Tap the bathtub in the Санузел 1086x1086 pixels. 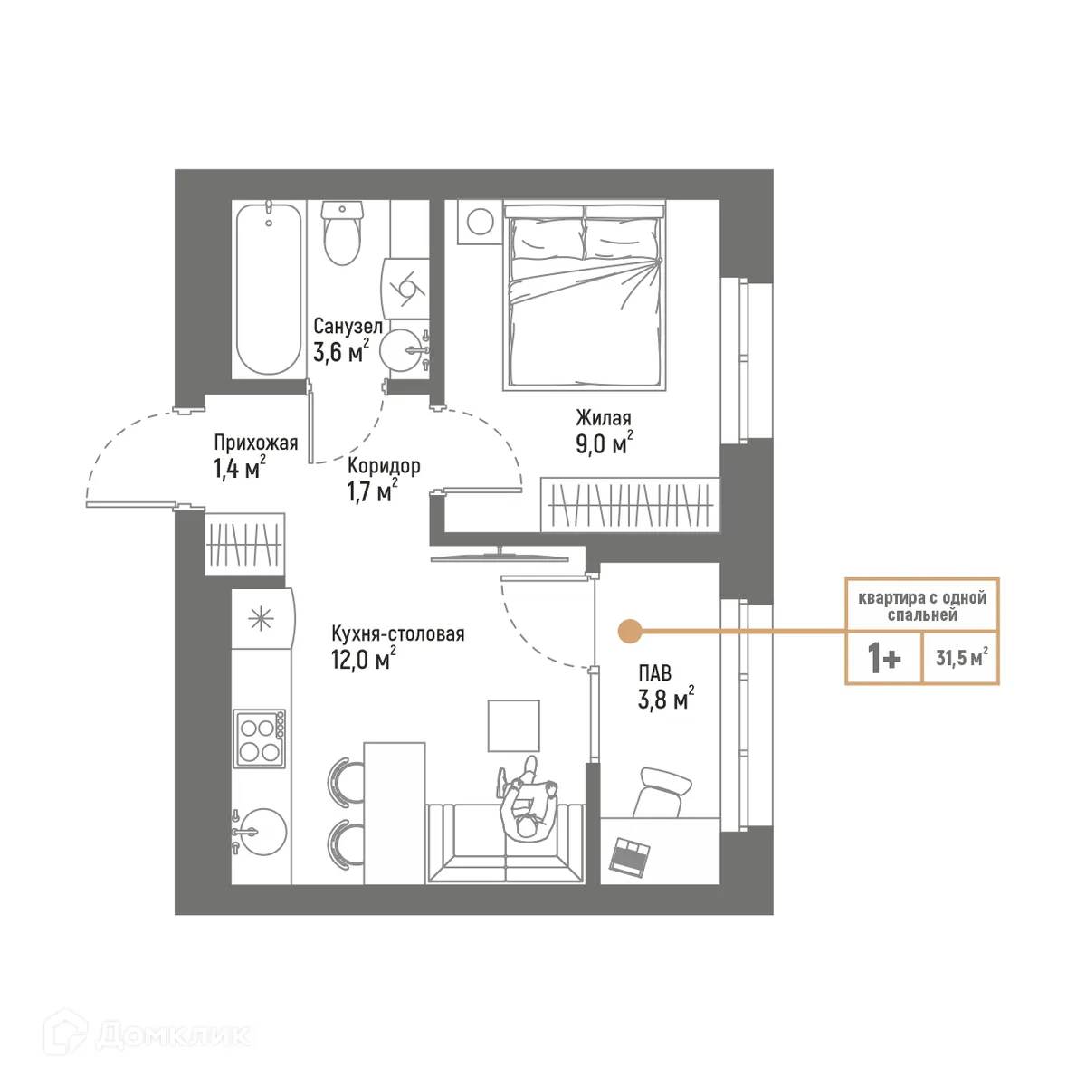[x=267, y=290]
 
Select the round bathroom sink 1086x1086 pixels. [x=401, y=350]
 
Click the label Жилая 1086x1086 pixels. [x=604, y=418]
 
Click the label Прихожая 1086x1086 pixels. [x=255, y=443]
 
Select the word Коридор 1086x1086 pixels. [x=384, y=466]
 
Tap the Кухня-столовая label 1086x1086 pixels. [x=397, y=633]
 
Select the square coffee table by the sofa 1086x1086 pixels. [x=513, y=725]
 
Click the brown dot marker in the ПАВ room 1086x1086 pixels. [x=629, y=631]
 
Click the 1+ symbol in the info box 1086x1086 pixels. [x=884, y=659]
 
